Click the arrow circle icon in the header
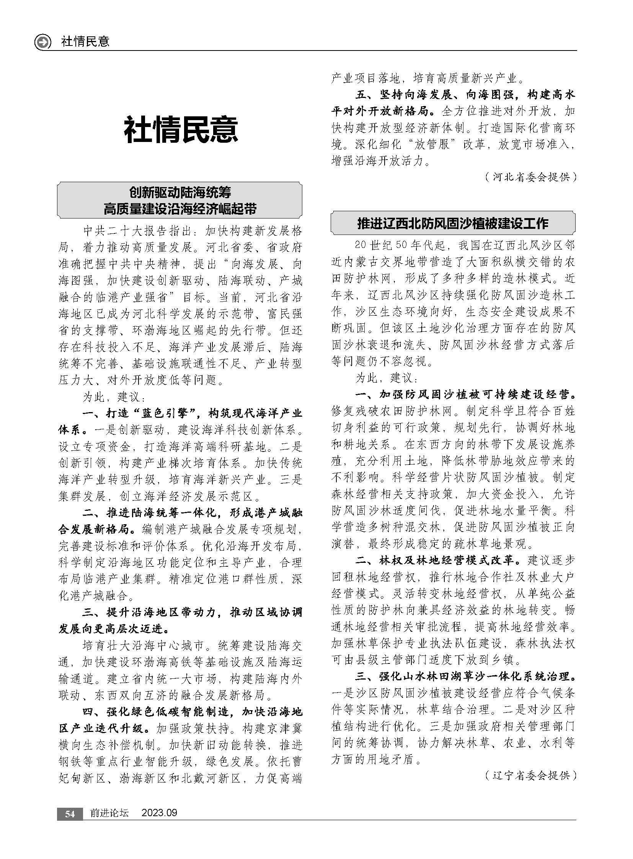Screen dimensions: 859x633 click(x=42, y=42)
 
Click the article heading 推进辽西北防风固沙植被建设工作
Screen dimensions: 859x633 click(x=452, y=223)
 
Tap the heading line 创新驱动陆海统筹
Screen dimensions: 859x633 click(x=180, y=192)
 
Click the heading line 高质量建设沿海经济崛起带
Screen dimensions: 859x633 click(x=180, y=209)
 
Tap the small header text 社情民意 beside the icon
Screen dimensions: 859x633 click(x=85, y=42)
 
